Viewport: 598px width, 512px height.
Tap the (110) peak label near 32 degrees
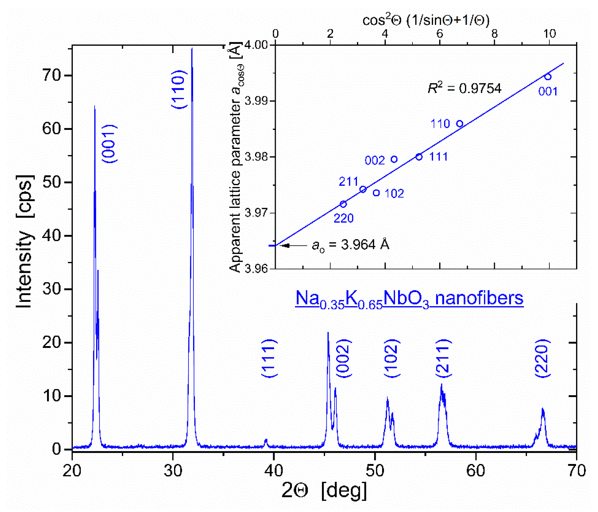[179, 89]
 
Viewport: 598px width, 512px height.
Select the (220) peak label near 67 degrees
[543, 359]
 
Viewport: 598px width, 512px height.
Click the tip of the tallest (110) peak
[192, 49]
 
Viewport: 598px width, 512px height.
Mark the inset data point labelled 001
[548, 77]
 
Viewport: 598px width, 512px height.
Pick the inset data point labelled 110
[460, 124]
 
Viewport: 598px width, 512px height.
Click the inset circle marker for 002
[394, 159]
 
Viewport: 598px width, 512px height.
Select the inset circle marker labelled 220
[343, 204]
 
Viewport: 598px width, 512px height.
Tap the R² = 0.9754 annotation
[465, 88]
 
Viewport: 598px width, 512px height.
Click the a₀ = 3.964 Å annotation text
[351, 245]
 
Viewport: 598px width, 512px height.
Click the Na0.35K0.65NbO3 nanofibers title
[409, 299]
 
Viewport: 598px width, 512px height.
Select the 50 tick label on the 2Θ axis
[375, 470]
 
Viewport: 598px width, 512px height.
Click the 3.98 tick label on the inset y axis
[256, 157]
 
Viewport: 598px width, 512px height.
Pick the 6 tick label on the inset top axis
[439, 34]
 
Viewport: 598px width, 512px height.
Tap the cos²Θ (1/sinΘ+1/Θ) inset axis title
[426, 20]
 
